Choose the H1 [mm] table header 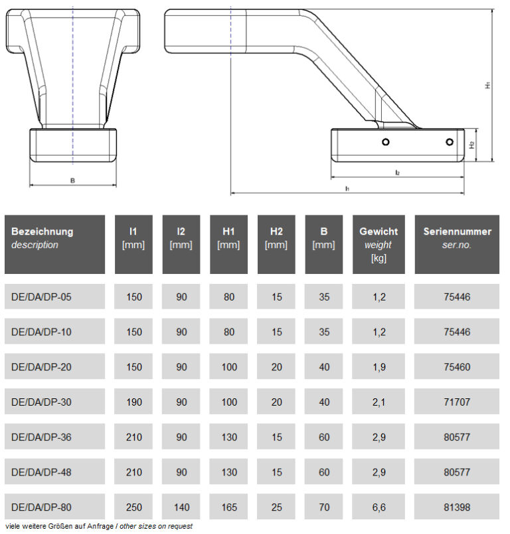(x=229, y=238)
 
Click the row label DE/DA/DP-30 (x=41, y=402)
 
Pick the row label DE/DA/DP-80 (x=41, y=507)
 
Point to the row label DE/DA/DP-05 (x=41, y=297)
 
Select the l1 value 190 (x=133, y=402)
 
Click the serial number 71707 (x=457, y=402)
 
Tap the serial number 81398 (x=457, y=507)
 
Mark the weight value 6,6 (x=379, y=507)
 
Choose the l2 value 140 (x=181, y=507)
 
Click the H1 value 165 (x=229, y=507)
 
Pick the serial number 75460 (x=457, y=368)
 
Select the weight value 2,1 (x=379, y=402)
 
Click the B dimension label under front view (x=72, y=180)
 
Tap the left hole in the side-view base (x=385, y=142)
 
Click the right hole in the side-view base (x=450, y=142)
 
